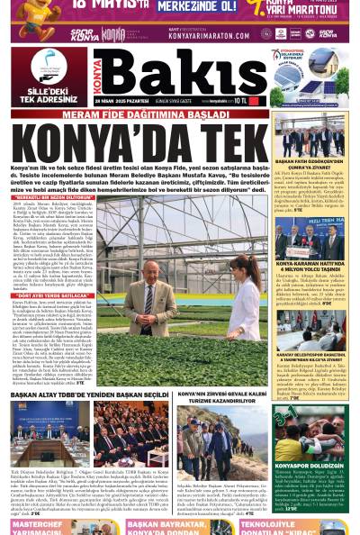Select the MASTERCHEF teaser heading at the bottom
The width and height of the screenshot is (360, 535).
(x=36, y=524)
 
